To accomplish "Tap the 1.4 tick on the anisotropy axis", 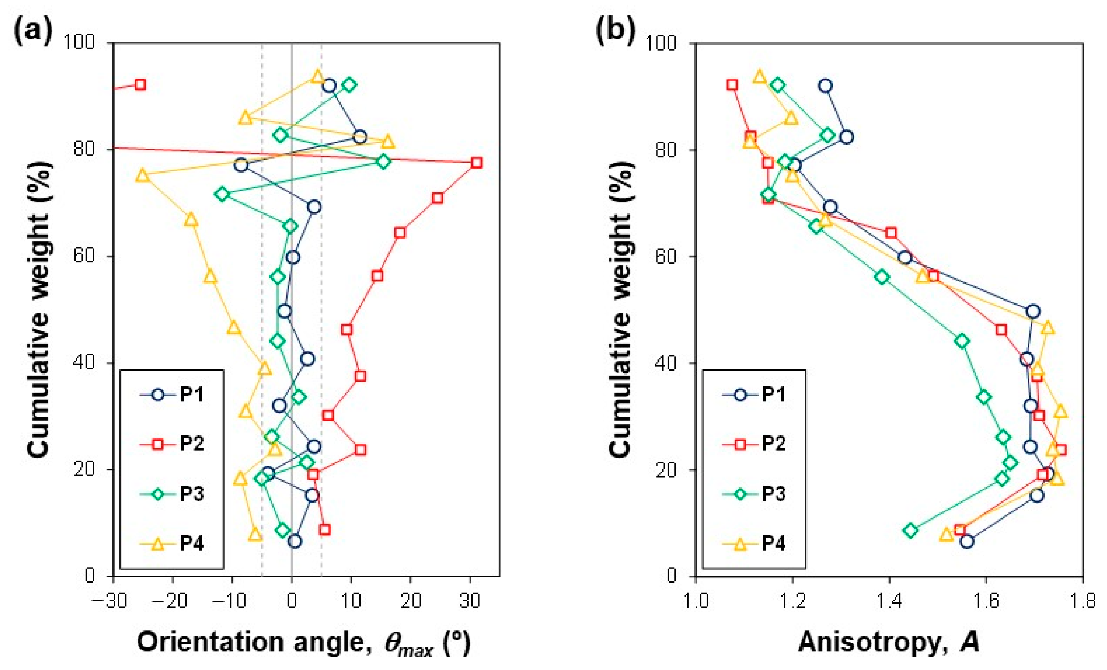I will [x=889, y=601].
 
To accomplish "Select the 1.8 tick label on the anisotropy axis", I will [x=1083, y=601].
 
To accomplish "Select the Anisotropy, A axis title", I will [x=889, y=642].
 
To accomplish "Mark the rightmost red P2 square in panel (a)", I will [x=477, y=163].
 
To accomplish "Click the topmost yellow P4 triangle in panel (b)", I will [x=760, y=77].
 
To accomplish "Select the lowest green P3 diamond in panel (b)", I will [x=911, y=531].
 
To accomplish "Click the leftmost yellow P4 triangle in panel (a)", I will [x=142, y=175].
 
